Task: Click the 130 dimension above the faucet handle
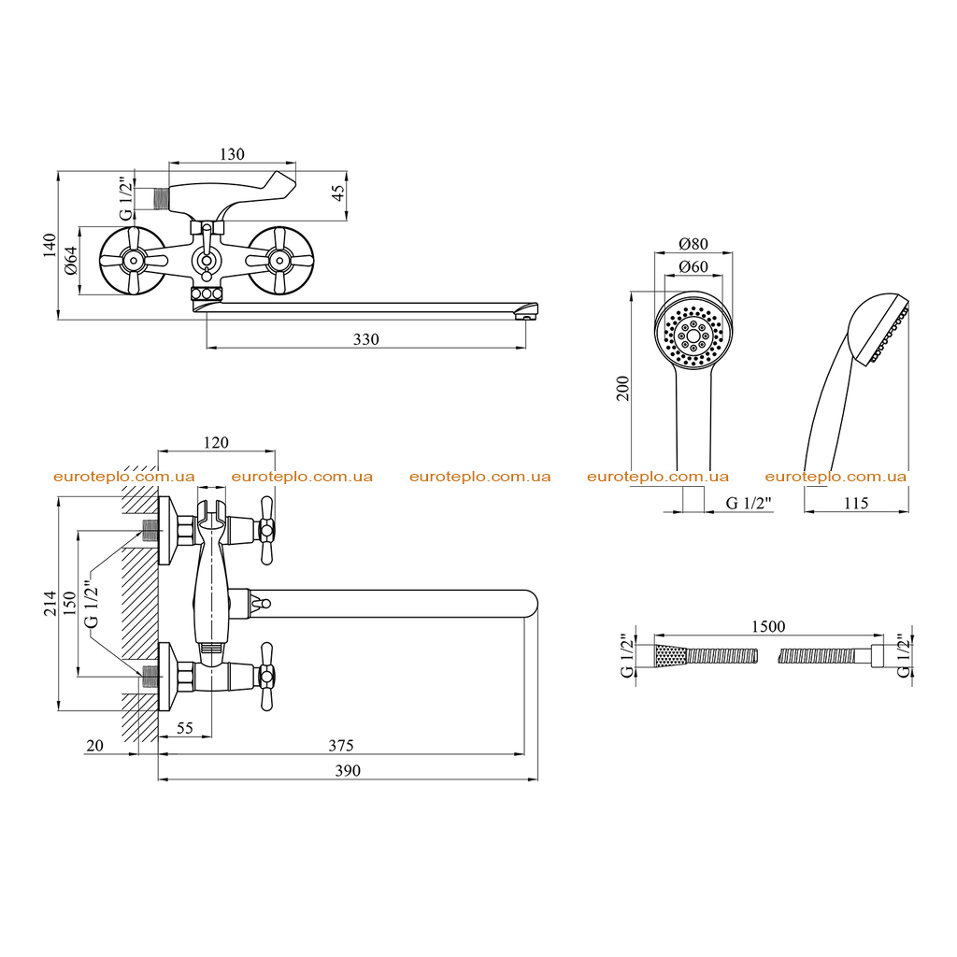pos(232,154)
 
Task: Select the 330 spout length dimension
pos(366,339)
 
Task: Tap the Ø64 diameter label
pos(71,261)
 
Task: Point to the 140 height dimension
pos(50,246)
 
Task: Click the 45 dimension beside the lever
pos(337,193)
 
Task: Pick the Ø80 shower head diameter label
pos(693,244)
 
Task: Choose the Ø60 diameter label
pos(693,266)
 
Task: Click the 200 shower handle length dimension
pos(622,388)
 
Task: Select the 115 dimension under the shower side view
pos(856,503)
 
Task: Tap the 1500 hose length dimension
pos(768,626)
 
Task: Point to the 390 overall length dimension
pos(348,771)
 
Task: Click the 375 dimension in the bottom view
pos(341,745)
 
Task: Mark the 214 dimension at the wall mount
pos(50,603)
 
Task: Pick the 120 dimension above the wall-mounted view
pos(216,442)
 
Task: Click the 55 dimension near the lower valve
pos(185,728)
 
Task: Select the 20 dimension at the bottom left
pos(95,745)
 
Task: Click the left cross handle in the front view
pos(133,261)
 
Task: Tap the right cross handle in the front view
pos(280,261)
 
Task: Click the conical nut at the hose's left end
pos(671,657)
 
